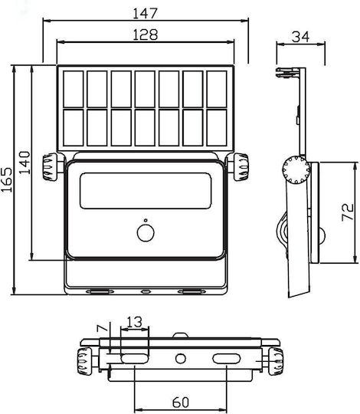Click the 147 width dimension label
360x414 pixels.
[x=145, y=14]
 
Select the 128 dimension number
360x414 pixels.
[x=146, y=34]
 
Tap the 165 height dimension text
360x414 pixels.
[x=7, y=179]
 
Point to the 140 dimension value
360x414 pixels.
[x=25, y=163]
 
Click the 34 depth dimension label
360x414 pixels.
[x=300, y=37]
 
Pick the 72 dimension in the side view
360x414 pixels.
[x=347, y=212]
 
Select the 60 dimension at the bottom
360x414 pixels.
[x=181, y=402]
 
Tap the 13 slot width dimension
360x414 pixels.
[x=135, y=322]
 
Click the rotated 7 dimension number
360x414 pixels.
[x=103, y=328]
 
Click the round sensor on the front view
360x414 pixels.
[x=146, y=233]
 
